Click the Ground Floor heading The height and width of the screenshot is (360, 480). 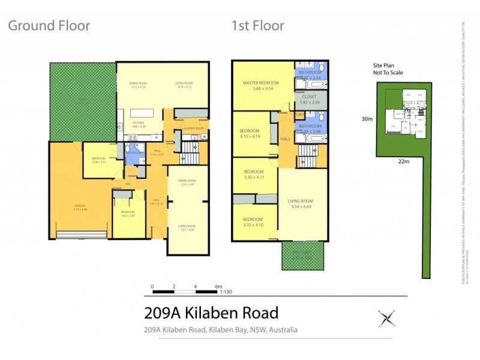tap(49, 26)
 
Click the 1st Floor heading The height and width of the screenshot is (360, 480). tap(257, 26)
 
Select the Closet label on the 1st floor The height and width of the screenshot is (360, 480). tap(310, 96)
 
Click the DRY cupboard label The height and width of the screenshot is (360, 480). tap(300, 115)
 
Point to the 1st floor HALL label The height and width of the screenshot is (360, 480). tap(285, 139)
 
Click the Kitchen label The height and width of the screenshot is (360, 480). tap(139, 123)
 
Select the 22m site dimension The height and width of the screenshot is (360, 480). tap(403, 161)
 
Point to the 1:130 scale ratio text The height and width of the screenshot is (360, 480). tap(226, 292)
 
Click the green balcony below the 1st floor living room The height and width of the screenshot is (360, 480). tap(302, 256)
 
